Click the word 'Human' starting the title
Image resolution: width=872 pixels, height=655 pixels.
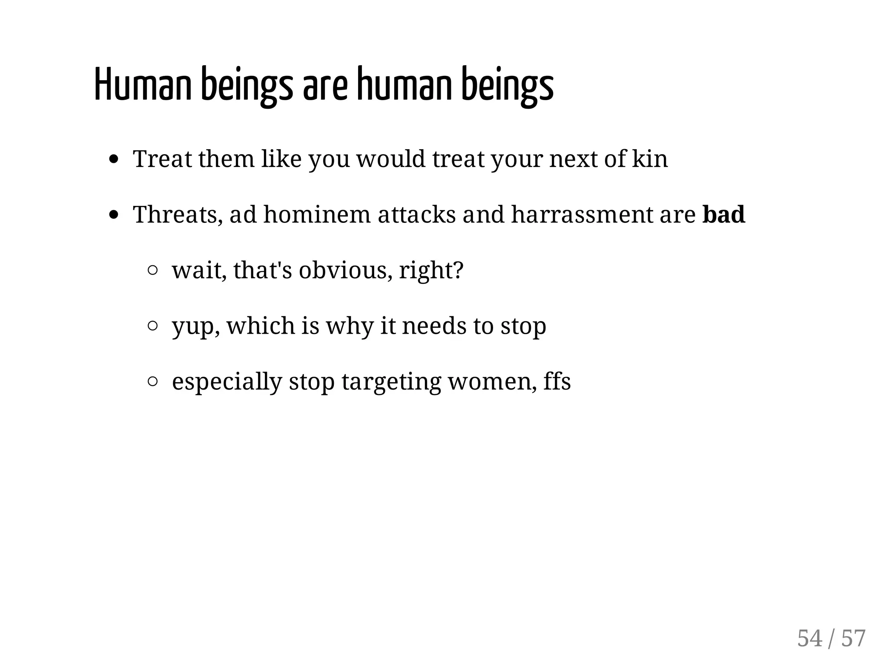coord(143,84)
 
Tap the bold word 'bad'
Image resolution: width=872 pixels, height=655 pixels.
coord(723,214)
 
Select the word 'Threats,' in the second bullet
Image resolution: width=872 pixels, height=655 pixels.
coord(178,214)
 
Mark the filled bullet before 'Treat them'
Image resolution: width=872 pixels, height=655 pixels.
coord(114,159)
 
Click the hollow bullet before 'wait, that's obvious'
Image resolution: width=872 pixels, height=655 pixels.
coord(153,270)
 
